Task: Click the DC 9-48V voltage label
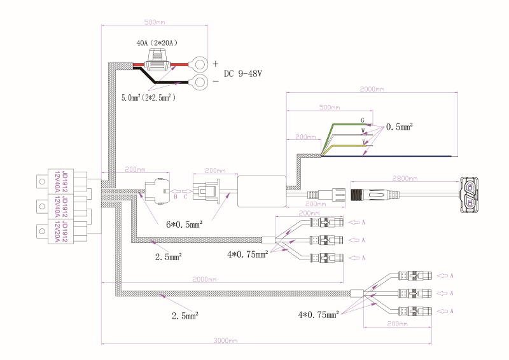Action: (x=242, y=74)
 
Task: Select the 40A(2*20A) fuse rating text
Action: (x=157, y=43)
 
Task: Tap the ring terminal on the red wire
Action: (x=201, y=64)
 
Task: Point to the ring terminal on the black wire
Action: (x=201, y=81)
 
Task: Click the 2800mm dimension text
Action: (x=406, y=178)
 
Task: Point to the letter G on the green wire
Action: (x=363, y=120)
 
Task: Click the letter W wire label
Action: (x=363, y=130)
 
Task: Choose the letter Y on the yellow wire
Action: (x=363, y=141)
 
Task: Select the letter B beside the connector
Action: (x=176, y=197)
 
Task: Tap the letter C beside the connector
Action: (x=186, y=197)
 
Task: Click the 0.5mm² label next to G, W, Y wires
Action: (x=400, y=127)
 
